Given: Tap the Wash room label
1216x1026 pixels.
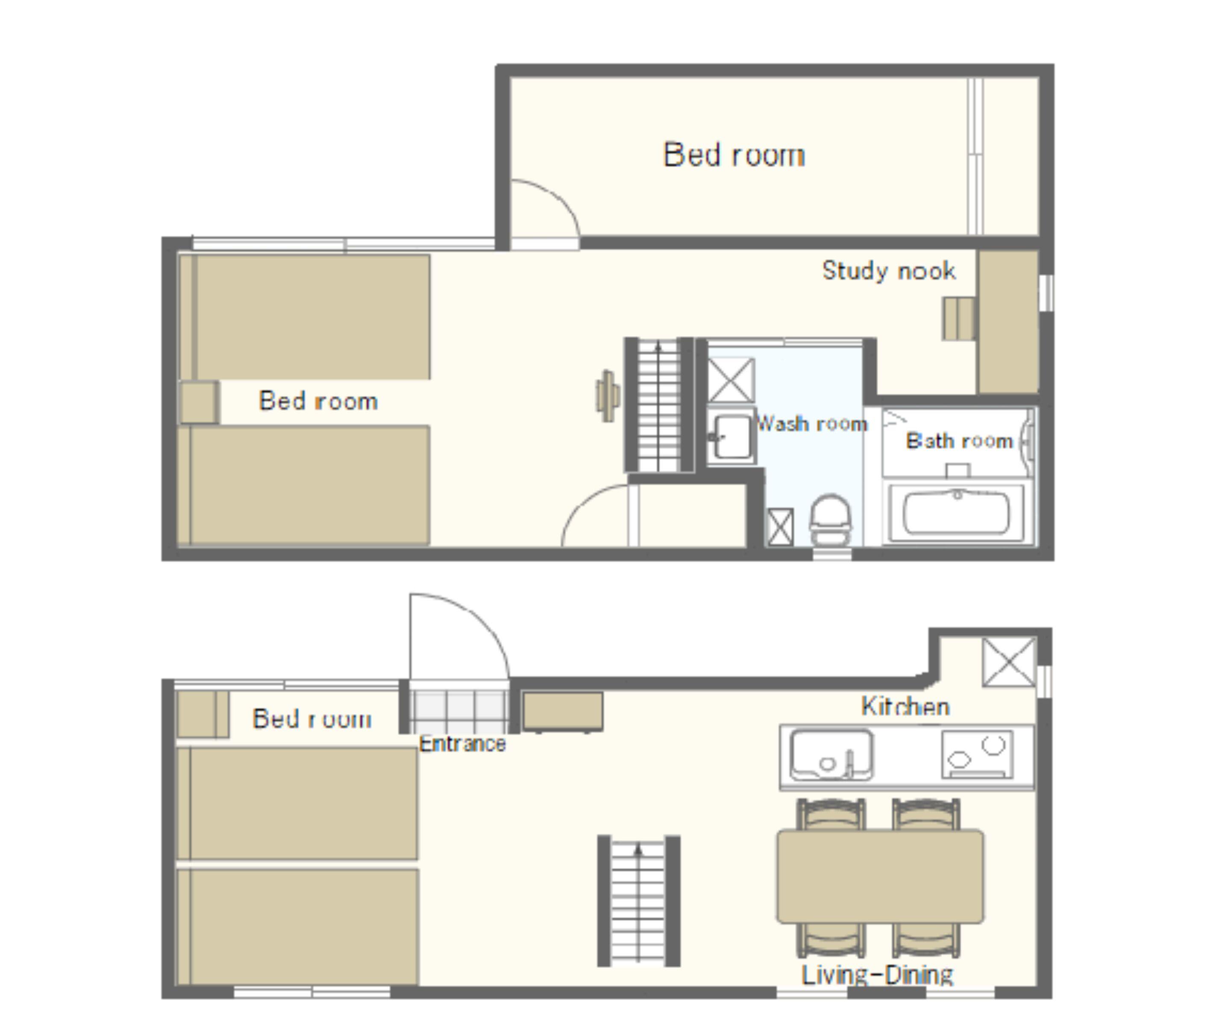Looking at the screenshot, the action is [x=812, y=423].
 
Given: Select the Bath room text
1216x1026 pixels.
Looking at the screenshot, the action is [x=959, y=441].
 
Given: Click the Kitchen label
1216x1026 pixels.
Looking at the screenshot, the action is [x=905, y=706].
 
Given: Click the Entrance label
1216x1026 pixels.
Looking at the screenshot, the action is [x=463, y=744].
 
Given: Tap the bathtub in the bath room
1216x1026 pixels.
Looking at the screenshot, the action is [x=957, y=513].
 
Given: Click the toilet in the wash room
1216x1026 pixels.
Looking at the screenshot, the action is [x=830, y=519].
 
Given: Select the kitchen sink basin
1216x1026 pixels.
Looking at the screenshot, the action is [x=831, y=755].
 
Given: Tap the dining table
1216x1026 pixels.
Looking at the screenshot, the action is [x=880, y=876].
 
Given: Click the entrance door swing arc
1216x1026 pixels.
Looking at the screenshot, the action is [x=477, y=616].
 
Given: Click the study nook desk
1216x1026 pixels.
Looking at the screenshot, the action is [x=1008, y=322].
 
